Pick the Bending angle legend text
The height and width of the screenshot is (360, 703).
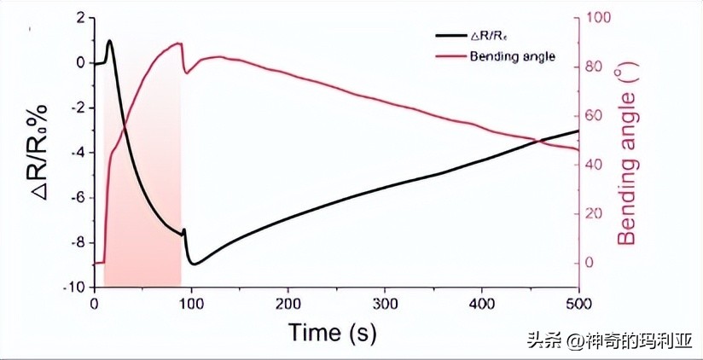tap(512, 56)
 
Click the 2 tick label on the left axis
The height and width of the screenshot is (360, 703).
tap(80, 18)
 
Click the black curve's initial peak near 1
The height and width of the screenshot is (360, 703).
tap(109, 41)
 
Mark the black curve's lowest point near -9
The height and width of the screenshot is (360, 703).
tap(195, 264)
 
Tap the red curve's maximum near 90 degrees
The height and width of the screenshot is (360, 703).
tap(179, 44)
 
